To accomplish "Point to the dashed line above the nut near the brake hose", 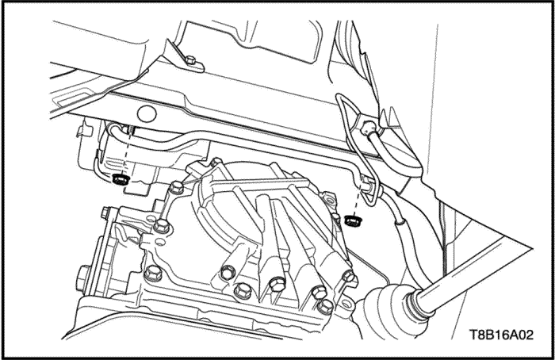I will click(359, 198).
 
